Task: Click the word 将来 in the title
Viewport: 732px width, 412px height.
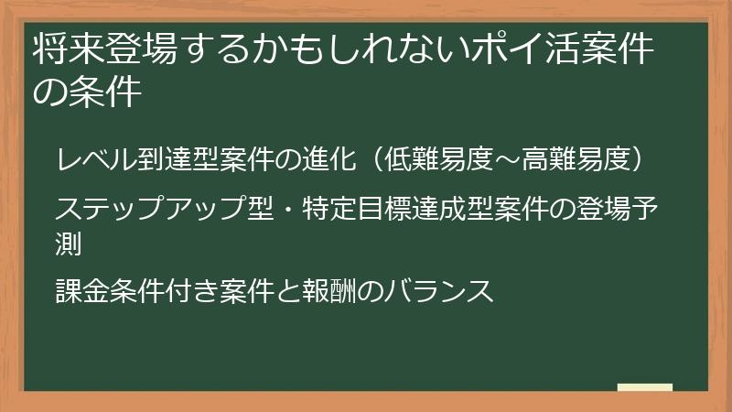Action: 65,50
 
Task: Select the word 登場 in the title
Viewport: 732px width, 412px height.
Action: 133,50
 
